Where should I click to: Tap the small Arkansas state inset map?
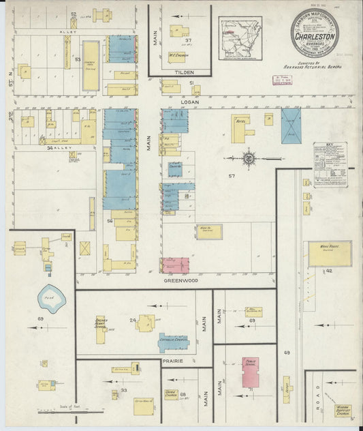(x=239, y=35)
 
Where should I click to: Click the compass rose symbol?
(x=249, y=158)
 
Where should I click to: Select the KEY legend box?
(x=330, y=160)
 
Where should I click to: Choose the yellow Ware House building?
(x=330, y=253)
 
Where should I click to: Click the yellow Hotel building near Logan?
(x=240, y=127)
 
